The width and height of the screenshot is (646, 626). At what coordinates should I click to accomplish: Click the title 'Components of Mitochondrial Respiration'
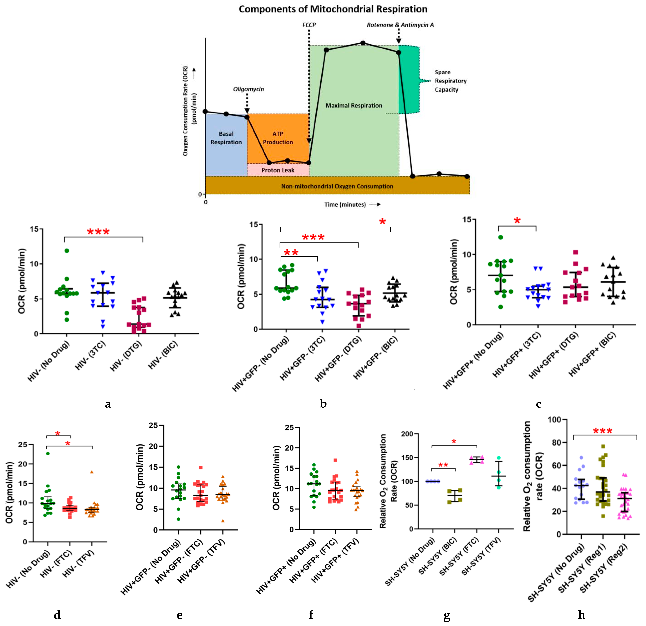[333, 9]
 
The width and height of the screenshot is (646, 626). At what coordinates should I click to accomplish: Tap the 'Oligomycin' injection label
[249, 89]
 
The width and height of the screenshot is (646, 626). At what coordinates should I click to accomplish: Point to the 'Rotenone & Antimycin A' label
[400, 25]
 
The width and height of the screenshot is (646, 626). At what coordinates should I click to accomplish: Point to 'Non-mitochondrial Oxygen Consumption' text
[337, 186]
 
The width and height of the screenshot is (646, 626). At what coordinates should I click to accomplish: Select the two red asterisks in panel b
[291, 253]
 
